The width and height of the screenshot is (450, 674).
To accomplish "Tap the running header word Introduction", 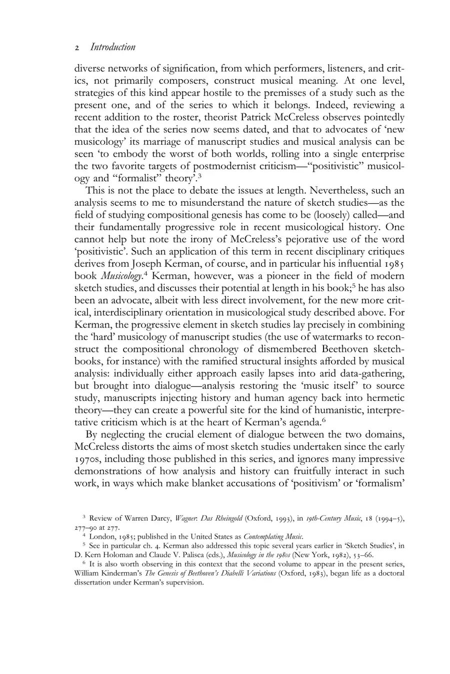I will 112,47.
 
